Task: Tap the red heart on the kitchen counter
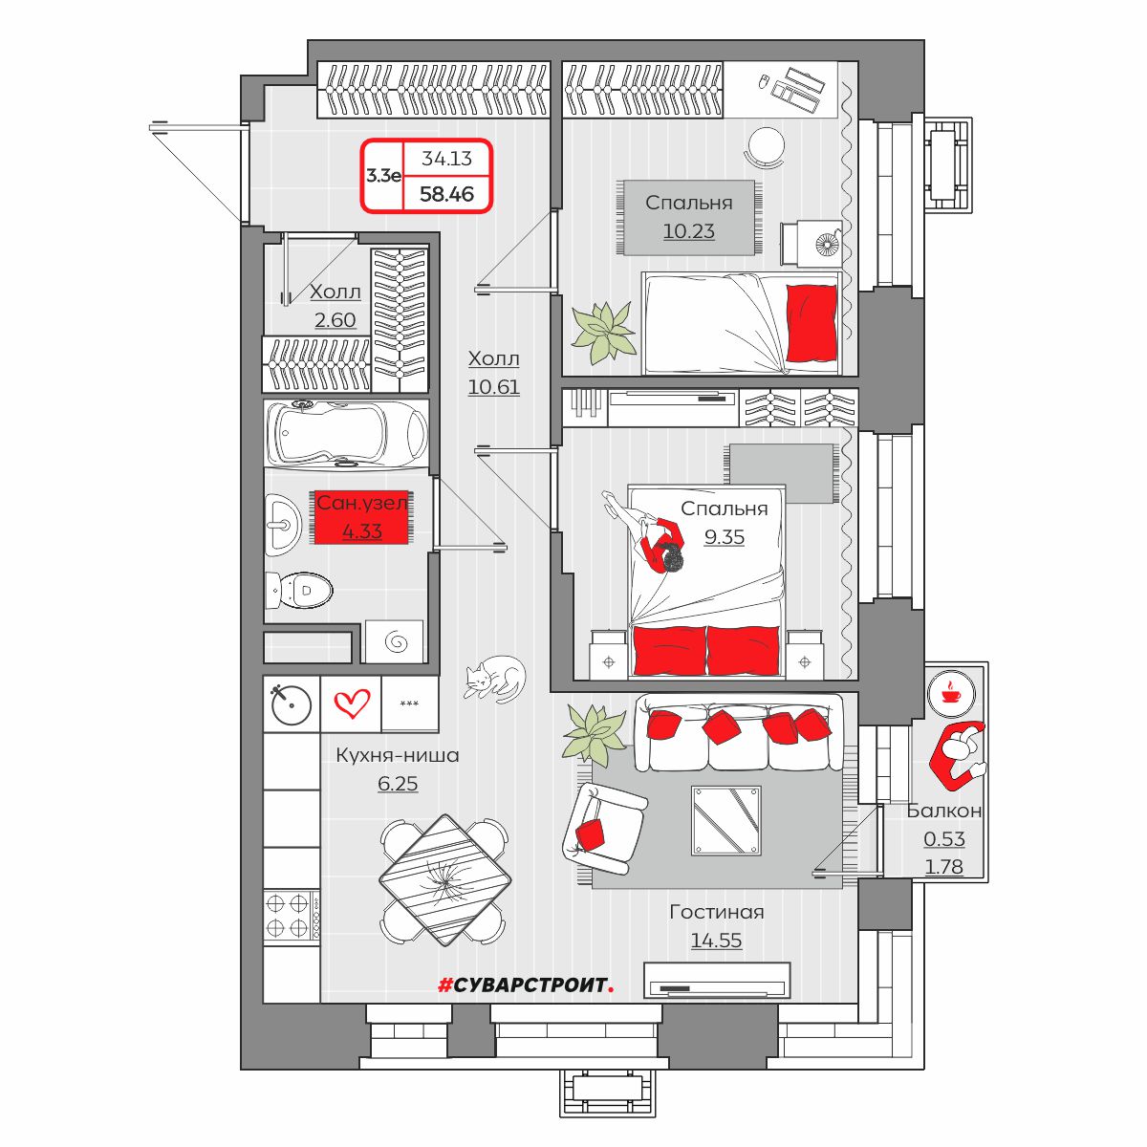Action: (x=352, y=704)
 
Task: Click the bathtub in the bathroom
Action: (x=346, y=433)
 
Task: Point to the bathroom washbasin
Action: (x=283, y=525)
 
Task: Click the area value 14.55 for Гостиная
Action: (x=716, y=940)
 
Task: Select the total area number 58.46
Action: (x=446, y=194)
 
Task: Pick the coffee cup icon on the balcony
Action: (x=950, y=694)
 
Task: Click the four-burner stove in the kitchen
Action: (x=292, y=916)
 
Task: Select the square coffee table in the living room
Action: (x=726, y=821)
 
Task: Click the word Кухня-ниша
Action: (x=398, y=755)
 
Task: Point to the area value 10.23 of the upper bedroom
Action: (x=688, y=231)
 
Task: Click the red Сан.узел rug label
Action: (x=362, y=517)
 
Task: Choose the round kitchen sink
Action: (x=292, y=704)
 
